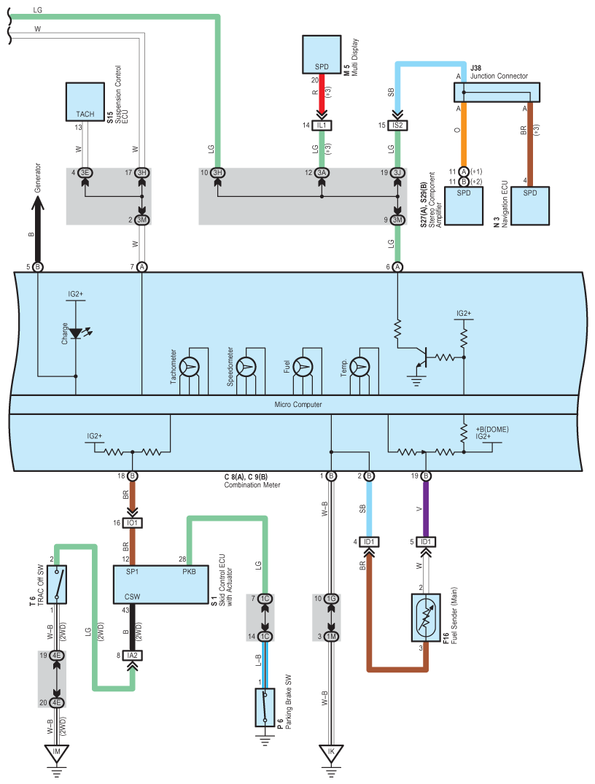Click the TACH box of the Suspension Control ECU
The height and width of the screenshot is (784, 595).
point(85,101)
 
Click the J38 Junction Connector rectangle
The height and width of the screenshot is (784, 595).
point(497,92)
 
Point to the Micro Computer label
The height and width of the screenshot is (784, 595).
point(297,404)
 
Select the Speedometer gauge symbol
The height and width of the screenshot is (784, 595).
point(247,365)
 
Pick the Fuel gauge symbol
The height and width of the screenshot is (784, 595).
point(303,365)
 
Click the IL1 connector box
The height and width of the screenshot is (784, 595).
point(322,125)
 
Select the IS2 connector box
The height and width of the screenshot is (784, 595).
point(398,125)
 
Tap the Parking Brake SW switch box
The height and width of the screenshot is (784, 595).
point(264,707)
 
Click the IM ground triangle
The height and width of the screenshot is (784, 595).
point(55,752)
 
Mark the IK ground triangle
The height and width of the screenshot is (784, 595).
point(330,752)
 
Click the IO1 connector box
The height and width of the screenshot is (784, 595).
point(132,523)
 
